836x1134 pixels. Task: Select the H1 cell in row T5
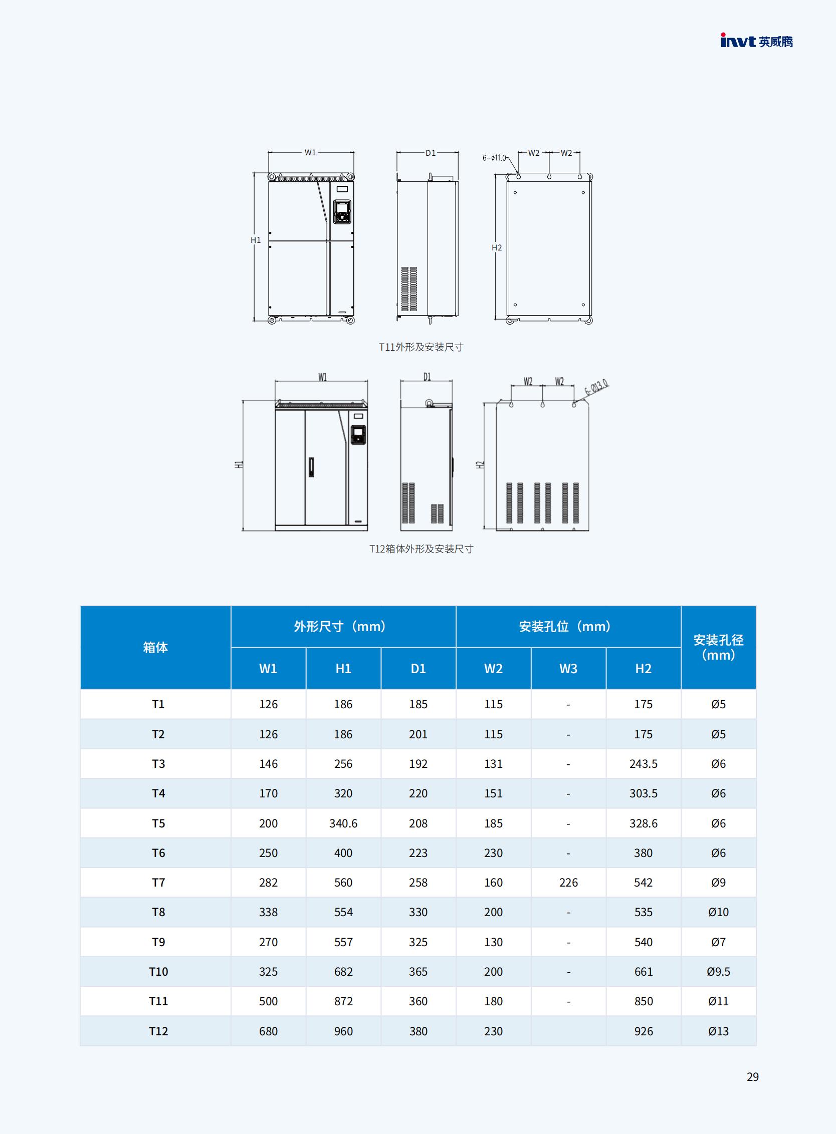click(x=343, y=823)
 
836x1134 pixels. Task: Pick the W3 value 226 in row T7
click(x=568, y=883)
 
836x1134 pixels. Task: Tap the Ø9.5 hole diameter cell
click(x=718, y=972)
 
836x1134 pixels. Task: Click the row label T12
click(x=158, y=1031)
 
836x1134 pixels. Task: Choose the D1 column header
click(x=418, y=669)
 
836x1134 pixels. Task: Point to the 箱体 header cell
click(x=155, y=648)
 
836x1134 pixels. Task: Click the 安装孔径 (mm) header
click(x=718, y=648)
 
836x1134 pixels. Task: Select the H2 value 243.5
click(x=643, y=764)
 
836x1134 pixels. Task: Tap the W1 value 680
click(x=268, y=1031)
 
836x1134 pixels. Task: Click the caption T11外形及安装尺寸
click(x=421, y=347)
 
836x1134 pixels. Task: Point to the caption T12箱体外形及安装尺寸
click(x=421, y=549)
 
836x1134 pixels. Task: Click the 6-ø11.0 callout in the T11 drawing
click(x=494, y=158)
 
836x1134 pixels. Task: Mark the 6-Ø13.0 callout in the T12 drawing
click(x=596, y=387)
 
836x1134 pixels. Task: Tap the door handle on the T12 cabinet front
click(x=311, y=467)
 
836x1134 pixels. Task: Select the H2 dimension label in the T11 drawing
click(x=497, y=248)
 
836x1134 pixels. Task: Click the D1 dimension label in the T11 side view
click(x=430, y=153)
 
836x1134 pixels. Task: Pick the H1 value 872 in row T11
click(x=343, y=1001)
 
